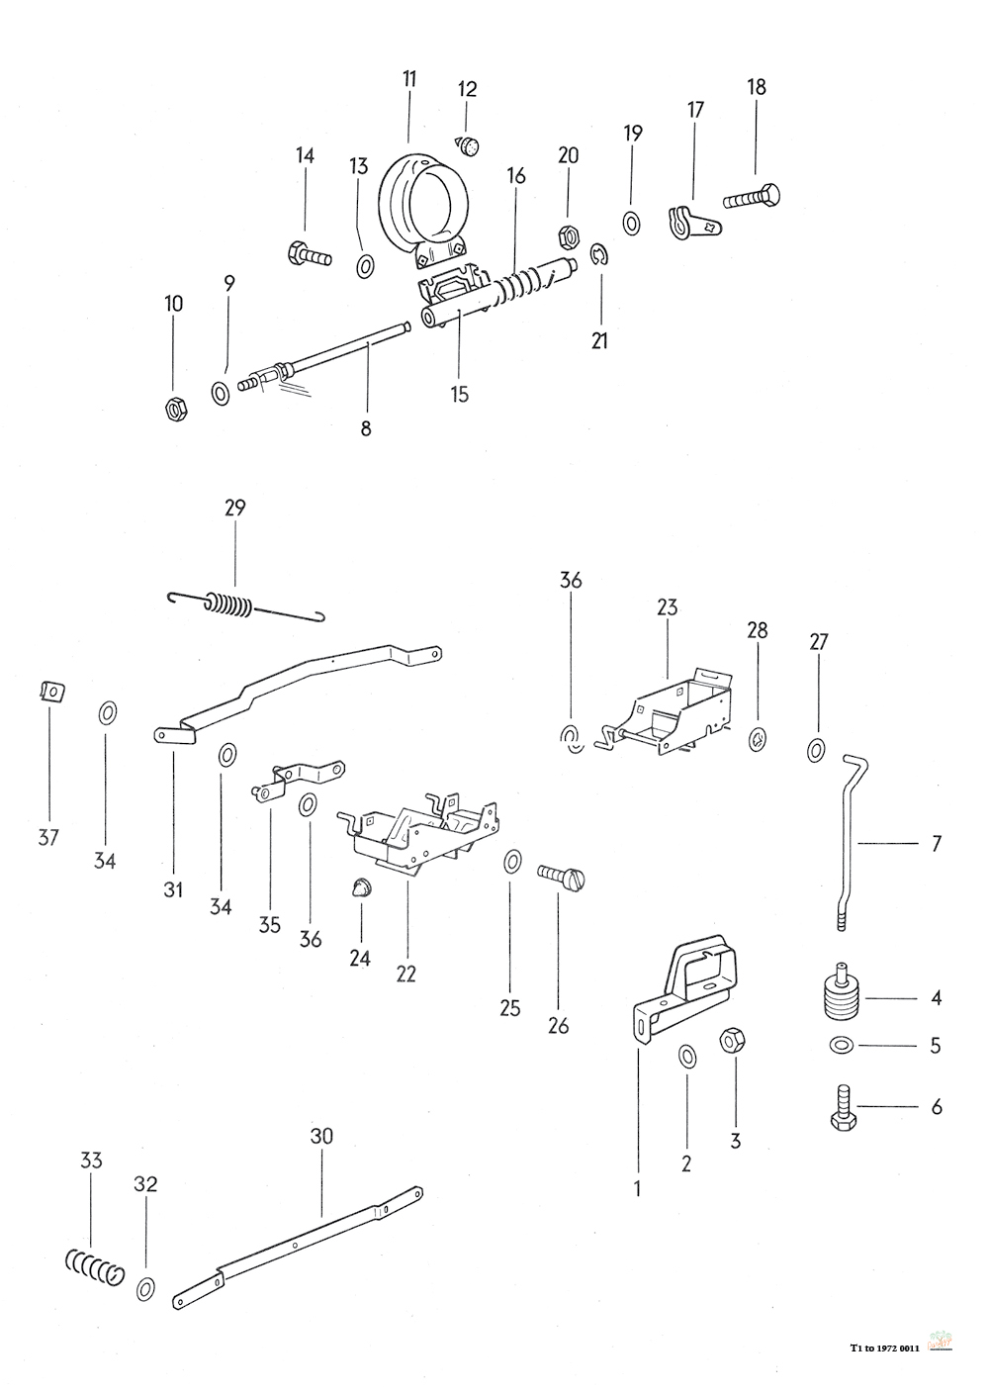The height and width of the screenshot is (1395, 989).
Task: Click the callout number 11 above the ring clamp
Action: pos(408,79)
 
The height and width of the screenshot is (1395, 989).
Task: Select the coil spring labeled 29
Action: pos(233,603)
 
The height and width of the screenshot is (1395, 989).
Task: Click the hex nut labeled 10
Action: pos(174,408)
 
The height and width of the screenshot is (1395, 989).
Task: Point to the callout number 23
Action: pos(668,607)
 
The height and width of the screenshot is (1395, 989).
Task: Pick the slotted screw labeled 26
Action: pos(562,876)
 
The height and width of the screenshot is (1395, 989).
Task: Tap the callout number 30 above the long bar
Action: pos(321,1137)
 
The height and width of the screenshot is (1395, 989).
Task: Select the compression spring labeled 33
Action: pos(94,1266)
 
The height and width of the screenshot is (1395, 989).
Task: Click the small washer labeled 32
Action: pos(145,1288)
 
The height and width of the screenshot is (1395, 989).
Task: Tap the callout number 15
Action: pos(459,395)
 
